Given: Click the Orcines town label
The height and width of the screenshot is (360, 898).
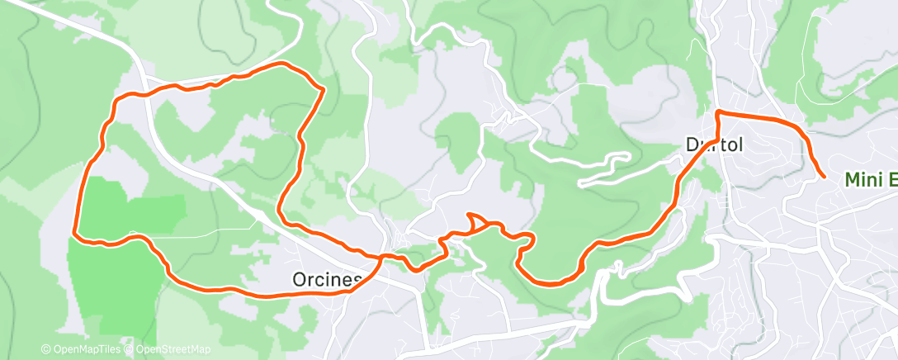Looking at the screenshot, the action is click(x=327, y=280).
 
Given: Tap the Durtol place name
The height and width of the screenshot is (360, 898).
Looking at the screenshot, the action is click(x=715, y=145).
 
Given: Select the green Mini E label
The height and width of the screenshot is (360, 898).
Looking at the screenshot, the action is click(x=870, y=180).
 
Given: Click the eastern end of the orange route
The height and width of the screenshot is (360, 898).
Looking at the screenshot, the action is click(x=824, y=175).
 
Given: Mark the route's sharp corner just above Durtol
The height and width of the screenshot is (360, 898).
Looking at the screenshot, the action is click(x=718, y=111).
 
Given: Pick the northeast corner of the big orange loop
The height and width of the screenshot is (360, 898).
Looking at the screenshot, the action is click(x=321, y=88).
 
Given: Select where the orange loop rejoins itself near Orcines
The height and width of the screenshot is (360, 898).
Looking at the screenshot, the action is click(x=381, y=258).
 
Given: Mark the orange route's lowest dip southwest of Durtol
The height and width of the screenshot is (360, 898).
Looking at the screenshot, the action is click(x=551, y=283).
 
